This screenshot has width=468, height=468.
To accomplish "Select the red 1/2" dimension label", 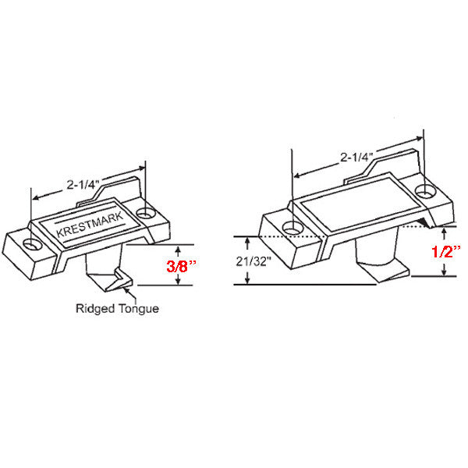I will [445, 251].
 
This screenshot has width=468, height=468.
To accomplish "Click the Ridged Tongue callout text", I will [117, 308].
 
